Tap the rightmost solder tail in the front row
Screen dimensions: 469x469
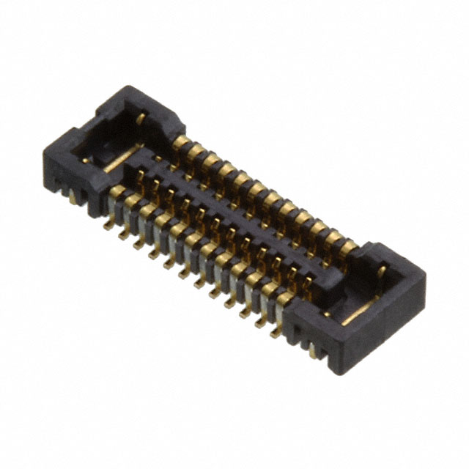point(276,332)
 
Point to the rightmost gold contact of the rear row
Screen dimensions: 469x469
point(347,246)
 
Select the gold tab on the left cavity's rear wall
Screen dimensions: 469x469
point(140,117)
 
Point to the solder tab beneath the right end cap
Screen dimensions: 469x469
point(314,351)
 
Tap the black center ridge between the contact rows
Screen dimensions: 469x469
point(242,220)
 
